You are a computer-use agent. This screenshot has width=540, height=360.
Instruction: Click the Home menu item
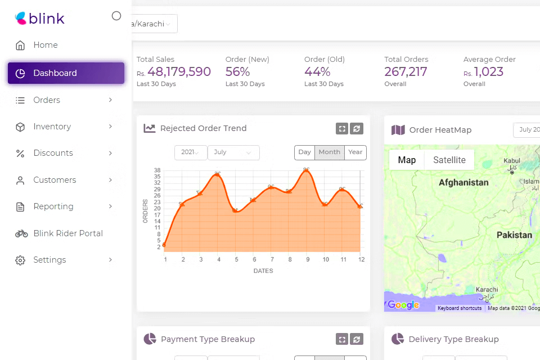(x=45, y=45)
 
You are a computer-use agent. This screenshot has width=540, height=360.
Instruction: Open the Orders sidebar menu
(x=47, y=100)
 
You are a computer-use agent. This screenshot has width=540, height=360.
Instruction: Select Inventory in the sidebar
(x=52, y=127)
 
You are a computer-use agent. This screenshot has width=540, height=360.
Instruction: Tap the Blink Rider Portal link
(x=67, y=233)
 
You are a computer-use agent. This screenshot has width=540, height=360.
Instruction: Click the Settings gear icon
(x=20, y=260)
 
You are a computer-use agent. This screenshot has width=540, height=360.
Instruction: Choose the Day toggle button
(x=304, y=152)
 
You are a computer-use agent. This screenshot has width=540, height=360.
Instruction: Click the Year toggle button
(x=355, y=152)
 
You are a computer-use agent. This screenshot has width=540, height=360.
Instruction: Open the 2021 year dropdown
(x=191, y=152)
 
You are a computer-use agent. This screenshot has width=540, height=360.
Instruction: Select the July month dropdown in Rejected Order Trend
(x=233, y=152)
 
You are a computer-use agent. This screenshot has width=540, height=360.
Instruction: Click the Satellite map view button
(x=449, y=160)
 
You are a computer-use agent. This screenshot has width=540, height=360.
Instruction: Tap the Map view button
(x=407, y=160)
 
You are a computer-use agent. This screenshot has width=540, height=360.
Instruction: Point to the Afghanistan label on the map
(x=463, y=183)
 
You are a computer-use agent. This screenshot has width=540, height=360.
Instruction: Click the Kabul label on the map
(x=512, y=161)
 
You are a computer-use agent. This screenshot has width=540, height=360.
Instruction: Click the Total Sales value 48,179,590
(x=179, y=72)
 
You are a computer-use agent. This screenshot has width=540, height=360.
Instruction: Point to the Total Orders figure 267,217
(x=406, y=72)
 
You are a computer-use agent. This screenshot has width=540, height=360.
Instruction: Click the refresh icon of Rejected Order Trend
(x=356, y=129)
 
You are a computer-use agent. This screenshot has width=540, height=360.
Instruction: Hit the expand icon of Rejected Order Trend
(x=341, y=129)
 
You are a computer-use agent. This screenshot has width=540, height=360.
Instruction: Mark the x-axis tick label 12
(x=362, y=259)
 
